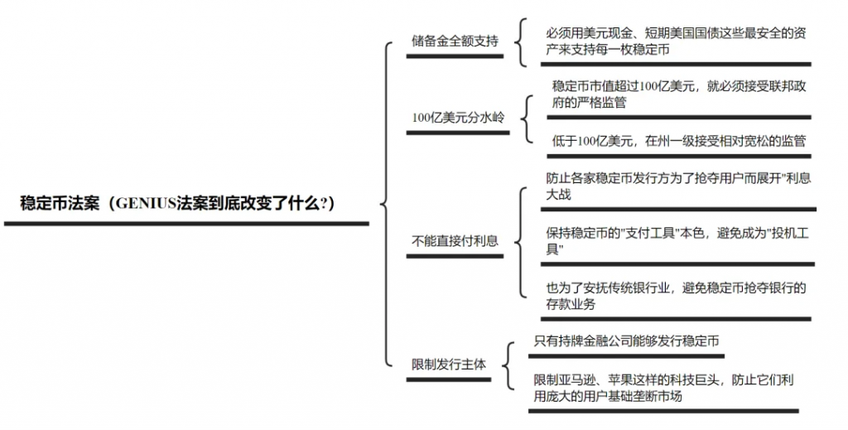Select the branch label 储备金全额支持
pyautogui.click(x=455, y=41)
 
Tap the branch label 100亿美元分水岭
pyautogui.click(x=458, y=117)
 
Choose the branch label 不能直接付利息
pyautogui.click(x=455, y=241)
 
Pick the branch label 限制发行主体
pyautogui.click(x=449, y=364)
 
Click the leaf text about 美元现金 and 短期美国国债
pyautogui.click(x=676, y=41)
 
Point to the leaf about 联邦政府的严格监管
pyautogui.click(x=678, y=94)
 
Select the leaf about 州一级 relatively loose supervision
pyautogui.click(x=678, y=141)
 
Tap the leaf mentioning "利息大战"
pyautogui.click(x=677, y=186)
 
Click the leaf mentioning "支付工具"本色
pyautogui.click(x=677, y=242)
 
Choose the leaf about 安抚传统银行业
pyautogui.click(x=676, y=296)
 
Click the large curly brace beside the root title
pyautogui.click(x=385, y=204)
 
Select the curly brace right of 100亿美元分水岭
pyautogui.click(x=526, y=118)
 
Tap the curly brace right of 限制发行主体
pyautogui.click(x=508, y=365)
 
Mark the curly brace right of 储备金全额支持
pyautogui.click(x=519, y=41)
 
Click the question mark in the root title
pyautogui.click(x=323, y=204)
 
